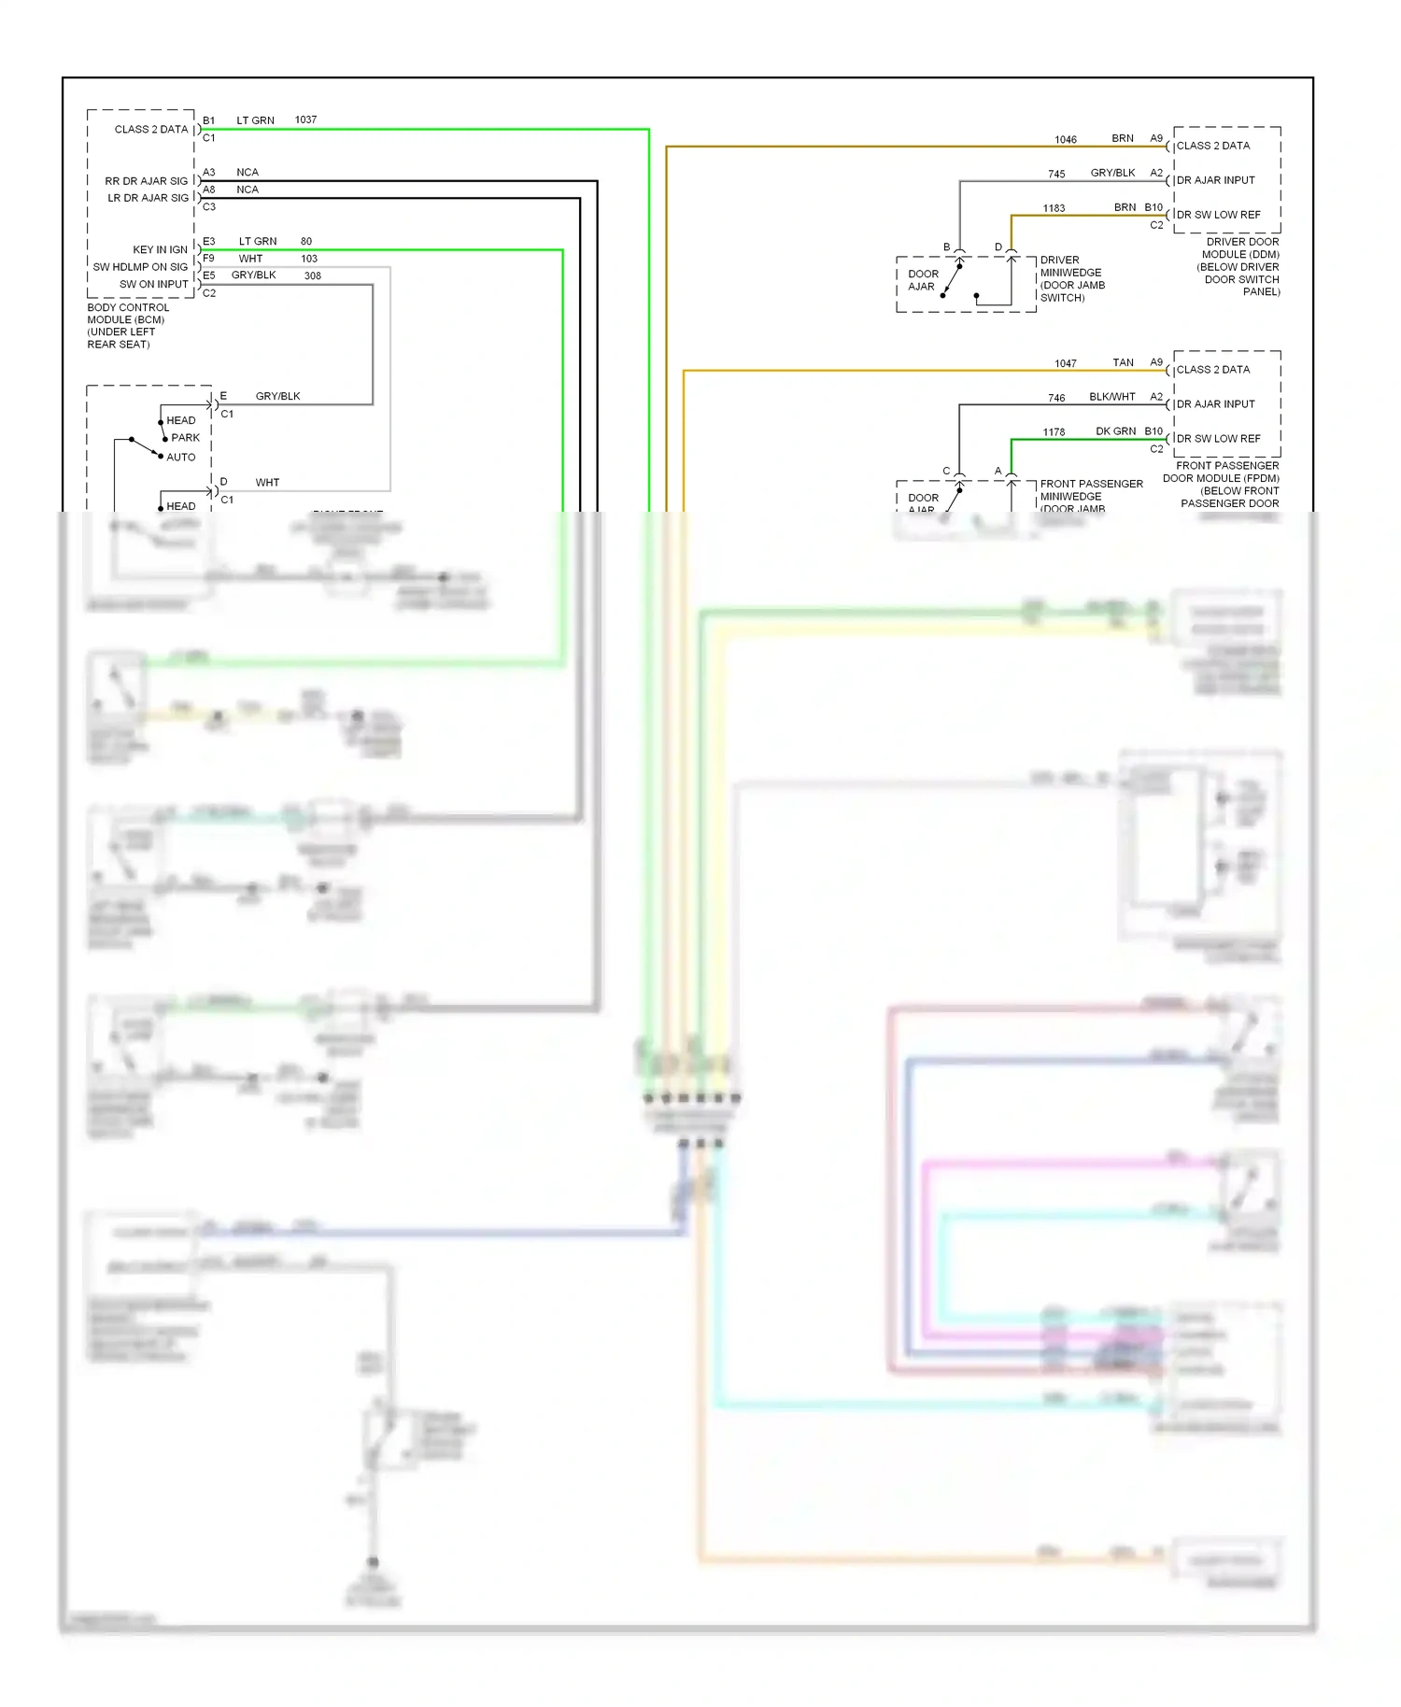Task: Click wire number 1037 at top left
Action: pyautogui.click(x=305, y=120)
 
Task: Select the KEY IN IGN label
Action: pyautogui.click(x=160, y=249)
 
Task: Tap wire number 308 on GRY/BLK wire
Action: pyautogui.click(x=312, y=275)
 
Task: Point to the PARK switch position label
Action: pyautogui.click(x=185, y=437)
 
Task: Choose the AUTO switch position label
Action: pyautogui.click(x=180, y=457)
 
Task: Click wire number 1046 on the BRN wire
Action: pyautogui.click(x=1066, y=139)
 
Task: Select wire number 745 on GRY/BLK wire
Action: pyautogui.click(x=1056, y=174)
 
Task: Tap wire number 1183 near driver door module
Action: pyautogui.click(x=1054, y=208)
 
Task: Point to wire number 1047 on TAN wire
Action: pyautogui.click(x=1066, y=363)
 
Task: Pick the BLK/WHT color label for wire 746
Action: pyautogui.click(x=1111, y=397)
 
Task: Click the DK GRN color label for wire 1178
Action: pyautogui.click(x=1115, y=431)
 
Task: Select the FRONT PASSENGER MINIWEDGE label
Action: pyautogui.click(x=1091, y=490)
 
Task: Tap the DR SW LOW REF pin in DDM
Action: pyautogui.click(x=1218, y=215)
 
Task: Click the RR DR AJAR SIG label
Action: pyautogui.click(x=146, y=181)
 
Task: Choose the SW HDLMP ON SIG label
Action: pyautogui.click(x=140, y=267)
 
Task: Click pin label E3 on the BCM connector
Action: pyautogui.click(x=209, y=241)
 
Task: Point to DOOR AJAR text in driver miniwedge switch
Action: pyautogui.click(x=923, y=280)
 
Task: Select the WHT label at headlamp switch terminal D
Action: pyautogui.click(x=267, y=483)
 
